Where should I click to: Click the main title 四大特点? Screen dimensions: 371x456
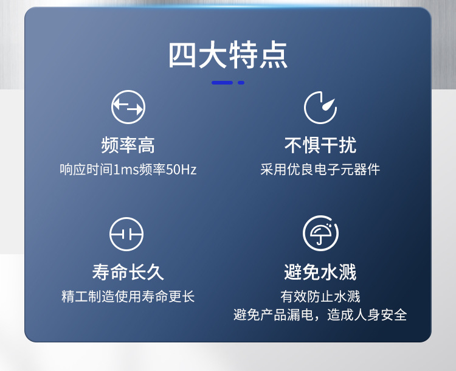tap(228, 55)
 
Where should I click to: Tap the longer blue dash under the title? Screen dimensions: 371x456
tap(222, 83)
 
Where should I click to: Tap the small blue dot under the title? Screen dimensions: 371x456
tap(241, 83)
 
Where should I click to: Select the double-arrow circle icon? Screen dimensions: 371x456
tap(128, 108)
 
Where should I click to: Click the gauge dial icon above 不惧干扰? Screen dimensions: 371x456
tap(320, 108)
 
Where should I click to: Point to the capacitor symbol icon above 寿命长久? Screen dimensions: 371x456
tap(126, 234)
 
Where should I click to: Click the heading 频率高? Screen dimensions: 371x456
tap(128, 145)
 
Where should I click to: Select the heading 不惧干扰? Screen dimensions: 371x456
tap(320, 145)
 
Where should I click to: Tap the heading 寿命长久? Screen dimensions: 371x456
tap(128, 272)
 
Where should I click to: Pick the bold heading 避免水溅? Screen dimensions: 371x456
tap(320, 272)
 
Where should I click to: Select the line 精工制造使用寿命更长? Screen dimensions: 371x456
tap(128, 297)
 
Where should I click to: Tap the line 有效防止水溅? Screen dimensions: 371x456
tap(320, 297)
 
